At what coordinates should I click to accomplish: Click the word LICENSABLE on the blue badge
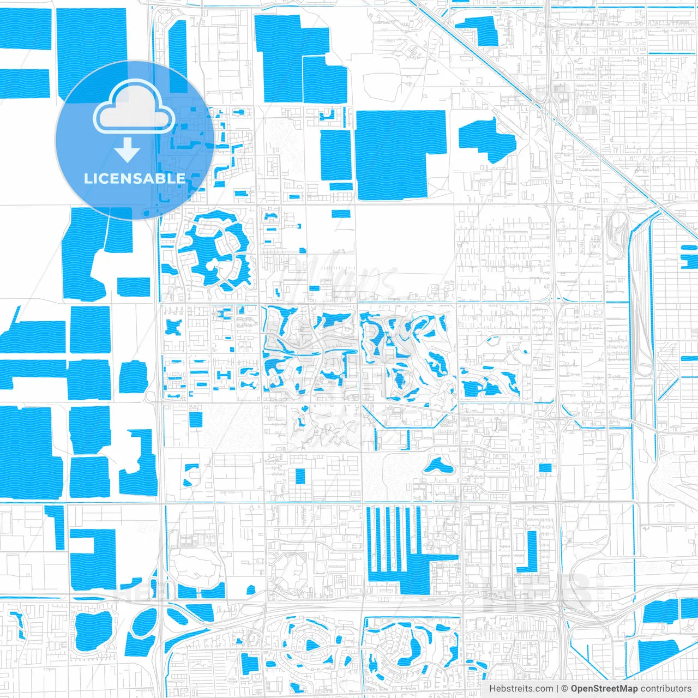coord(134,178)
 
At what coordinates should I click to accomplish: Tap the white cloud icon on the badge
coord(134,109)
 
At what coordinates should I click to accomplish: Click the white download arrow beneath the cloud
coord(127,149)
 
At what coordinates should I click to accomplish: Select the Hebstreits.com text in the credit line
coord(521,689)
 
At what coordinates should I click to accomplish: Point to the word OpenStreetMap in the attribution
coord(604,689)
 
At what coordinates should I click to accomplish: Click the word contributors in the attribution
coord(666,689)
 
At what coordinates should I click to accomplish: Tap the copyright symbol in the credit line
coord(564,689)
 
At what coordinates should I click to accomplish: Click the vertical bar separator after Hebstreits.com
coord(557,689)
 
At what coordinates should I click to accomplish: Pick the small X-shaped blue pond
coord(174,328)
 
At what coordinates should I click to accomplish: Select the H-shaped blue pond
coord(224,375)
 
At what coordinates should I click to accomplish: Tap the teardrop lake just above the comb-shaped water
coord(436,466)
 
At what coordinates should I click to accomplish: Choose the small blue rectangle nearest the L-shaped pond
coord(545,467)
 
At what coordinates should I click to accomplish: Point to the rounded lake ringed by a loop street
coord(93,631)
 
